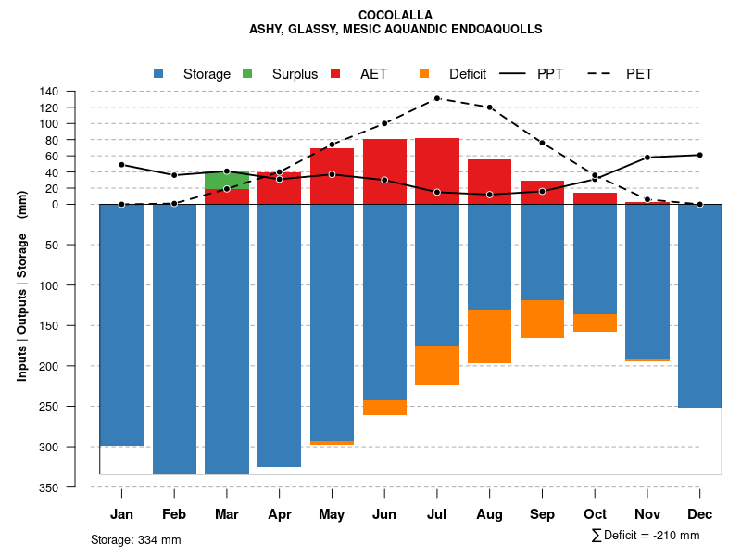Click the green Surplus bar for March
pos(227,180)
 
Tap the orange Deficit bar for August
pos(490,336)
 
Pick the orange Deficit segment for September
pos(543,319)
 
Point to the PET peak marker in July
pos(437,98)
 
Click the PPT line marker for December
pos(700,155)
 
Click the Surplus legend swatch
pos(247,73)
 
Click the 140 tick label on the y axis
pos(49,91)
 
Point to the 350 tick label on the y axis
pos(49,487)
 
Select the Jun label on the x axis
pos(384,514)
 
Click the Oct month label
pos(595,514)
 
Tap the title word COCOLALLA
pos(395,15)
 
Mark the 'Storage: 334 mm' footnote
pos(135,539)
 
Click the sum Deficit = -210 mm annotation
pos(645,536)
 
